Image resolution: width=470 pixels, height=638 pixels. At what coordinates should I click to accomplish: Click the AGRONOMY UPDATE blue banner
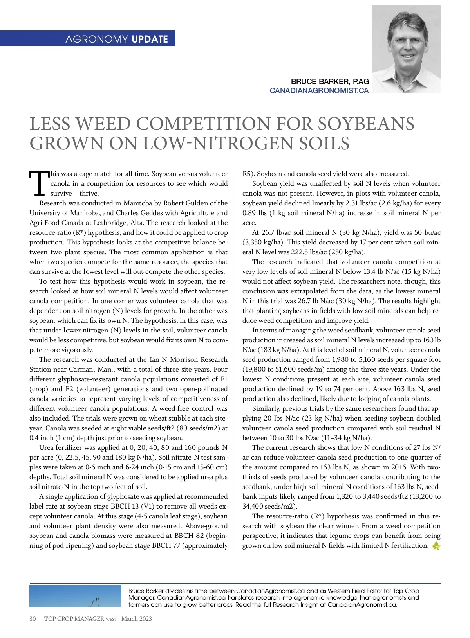pyautogui.click(x=116, y=39)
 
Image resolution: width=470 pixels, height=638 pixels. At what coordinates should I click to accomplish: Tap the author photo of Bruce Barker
pyautogui.click(x=406, y=49)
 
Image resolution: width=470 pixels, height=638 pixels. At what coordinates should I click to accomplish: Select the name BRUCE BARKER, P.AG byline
pyautogui.click(x=330, y=81)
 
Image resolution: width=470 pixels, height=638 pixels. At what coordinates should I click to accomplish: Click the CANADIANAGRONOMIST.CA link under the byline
pyautogui.click(x=319, y=90)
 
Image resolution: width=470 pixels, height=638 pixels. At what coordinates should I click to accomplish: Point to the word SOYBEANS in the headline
pyautogui.click(x=366, y=124)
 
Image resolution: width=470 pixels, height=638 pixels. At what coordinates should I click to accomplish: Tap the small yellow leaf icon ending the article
pyautogui.click(x=436, y=546)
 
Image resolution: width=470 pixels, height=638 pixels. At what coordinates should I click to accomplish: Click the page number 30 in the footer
pyautogui.click(x=33, y=618)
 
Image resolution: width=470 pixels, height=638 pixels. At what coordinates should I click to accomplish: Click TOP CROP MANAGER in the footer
pyautogui.click(x=74, y=618)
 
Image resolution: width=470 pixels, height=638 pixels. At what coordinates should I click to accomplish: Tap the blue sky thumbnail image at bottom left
pyautogui.click(x=75, y=596)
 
